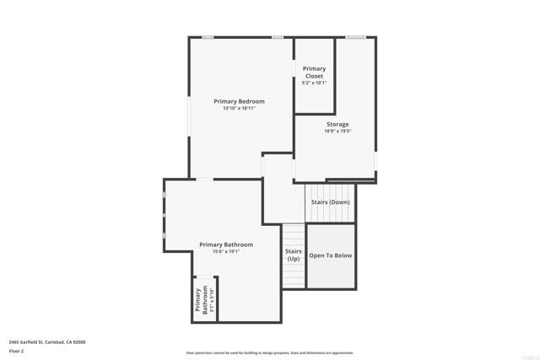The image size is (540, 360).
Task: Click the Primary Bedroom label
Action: [x=239, y=101]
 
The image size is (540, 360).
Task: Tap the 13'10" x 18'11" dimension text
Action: [x=239, y=109]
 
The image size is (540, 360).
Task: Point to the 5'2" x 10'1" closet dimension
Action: [x=314, y=83]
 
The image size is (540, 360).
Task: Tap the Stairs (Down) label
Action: [x=330, y=202]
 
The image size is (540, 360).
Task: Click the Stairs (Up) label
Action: [x=293, y=255]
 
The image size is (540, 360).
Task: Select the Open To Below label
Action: [x=330, y=255]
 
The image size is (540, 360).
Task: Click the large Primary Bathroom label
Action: [x=226, y=244]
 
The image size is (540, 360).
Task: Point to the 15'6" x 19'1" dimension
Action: [x=226, y=252]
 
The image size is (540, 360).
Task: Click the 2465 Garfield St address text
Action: [x=47, y=341]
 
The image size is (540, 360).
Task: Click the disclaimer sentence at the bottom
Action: [x=269, y=352]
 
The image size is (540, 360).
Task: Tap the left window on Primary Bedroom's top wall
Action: [x=208, y=37]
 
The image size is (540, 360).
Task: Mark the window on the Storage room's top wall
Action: [x=355, y=37]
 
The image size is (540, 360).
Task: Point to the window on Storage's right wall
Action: [x=376, y=160]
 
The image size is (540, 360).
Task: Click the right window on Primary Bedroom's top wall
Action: [x=277, y=37]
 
